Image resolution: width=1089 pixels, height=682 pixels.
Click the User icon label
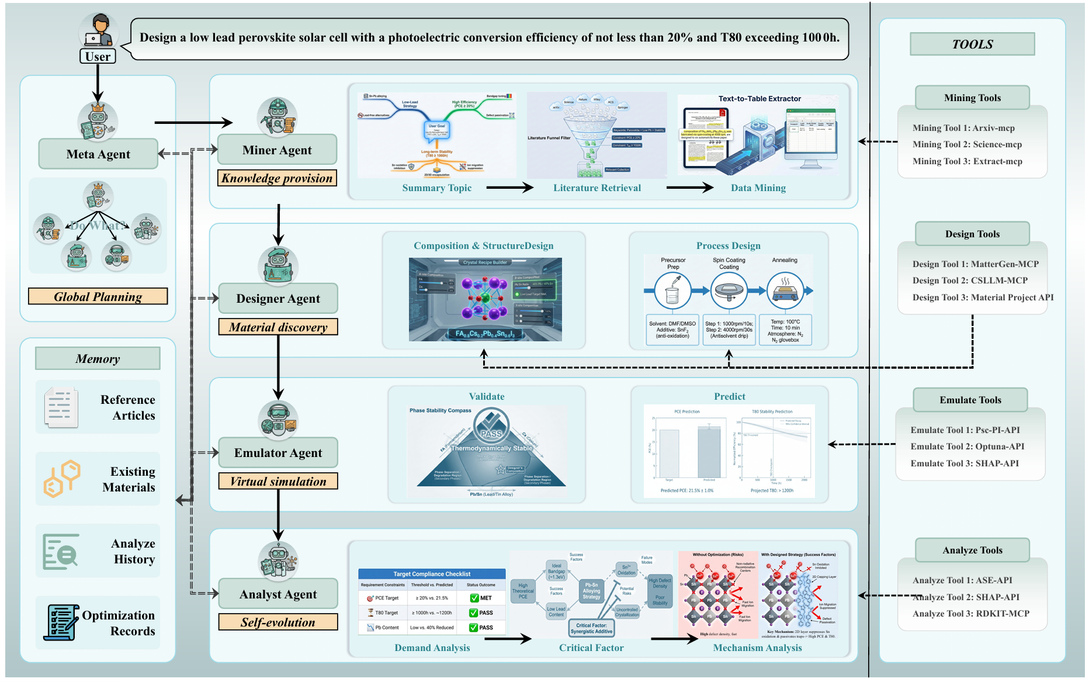[x=98, y=57]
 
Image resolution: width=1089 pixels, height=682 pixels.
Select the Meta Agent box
[x=98, y=154]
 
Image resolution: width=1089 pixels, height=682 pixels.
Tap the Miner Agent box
[x=277, y=150]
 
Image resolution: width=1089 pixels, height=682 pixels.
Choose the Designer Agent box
[x=278, y=299]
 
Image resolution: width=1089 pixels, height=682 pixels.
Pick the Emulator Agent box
[x=278, y=453]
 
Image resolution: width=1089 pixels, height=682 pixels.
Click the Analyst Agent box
[x=278, y=594]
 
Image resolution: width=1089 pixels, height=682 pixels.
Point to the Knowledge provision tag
[x=277, y=178]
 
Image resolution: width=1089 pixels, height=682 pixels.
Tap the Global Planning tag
[x=98, y=297]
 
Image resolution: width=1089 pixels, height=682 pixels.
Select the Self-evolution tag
[x=278, y=622]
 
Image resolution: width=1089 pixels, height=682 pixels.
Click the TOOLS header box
[x=972, y=44]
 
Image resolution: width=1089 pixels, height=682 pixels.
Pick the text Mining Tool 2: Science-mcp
[x=967, y=144]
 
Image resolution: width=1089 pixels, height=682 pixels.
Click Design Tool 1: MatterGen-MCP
[x=976, y=264]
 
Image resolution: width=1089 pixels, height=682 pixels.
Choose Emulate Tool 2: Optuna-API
[x=967, y=446]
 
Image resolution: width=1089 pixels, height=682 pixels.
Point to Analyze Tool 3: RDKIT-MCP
[x=971, y=614]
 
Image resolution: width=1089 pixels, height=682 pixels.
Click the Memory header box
[x=98, y=359]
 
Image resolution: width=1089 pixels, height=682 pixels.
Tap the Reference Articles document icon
[x=61, y=407]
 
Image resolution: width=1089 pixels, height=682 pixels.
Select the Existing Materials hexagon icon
[x=61, y=479]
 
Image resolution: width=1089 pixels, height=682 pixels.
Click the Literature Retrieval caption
[x=597, y=188]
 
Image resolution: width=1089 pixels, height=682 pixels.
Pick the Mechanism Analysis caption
[x=757, y=648]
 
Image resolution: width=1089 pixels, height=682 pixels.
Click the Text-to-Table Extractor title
[x=759, y=99]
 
